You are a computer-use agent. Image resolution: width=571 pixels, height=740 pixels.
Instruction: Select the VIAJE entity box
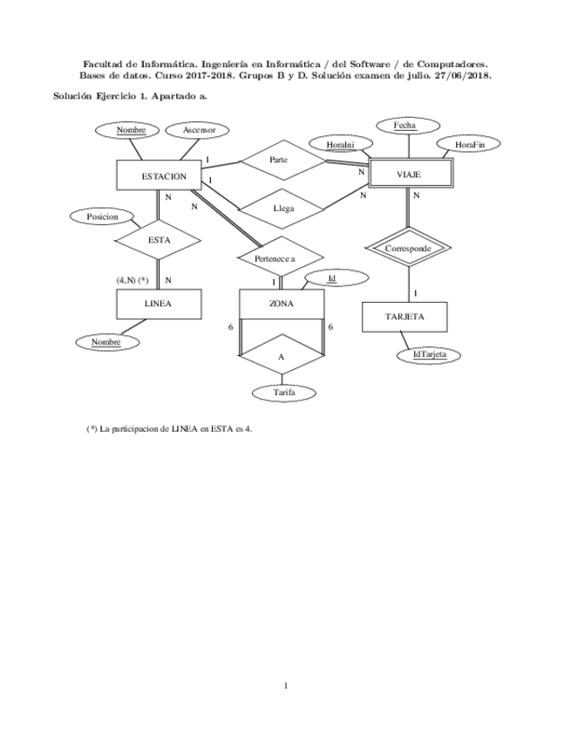408,175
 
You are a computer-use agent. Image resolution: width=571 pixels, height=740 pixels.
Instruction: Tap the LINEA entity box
158,305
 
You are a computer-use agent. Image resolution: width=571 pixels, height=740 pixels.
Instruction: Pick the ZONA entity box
282,305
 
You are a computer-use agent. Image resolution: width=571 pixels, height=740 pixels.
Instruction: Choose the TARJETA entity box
404,317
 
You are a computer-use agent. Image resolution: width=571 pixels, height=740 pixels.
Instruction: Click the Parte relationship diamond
279,160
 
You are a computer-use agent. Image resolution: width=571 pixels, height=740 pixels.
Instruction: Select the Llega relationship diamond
283,209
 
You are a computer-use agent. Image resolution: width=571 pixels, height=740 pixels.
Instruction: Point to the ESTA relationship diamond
158,239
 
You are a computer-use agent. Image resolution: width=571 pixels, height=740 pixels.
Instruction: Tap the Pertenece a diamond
280,258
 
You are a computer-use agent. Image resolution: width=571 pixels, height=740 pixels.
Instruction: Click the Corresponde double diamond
408,249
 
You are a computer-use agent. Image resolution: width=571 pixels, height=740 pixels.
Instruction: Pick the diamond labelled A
282,357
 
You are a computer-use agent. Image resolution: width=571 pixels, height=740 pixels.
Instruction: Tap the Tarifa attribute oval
282,394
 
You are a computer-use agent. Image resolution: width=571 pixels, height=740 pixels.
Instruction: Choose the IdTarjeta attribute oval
429,354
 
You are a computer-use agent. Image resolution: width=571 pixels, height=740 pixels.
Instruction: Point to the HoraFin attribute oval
470,144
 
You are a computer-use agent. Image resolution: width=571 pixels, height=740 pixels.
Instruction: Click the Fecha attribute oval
404,126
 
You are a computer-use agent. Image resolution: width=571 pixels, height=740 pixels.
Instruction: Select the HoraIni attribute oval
340,144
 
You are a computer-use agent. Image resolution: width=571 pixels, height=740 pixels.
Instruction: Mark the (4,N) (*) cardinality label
133,280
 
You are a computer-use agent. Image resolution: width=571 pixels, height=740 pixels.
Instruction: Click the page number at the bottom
285,686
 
